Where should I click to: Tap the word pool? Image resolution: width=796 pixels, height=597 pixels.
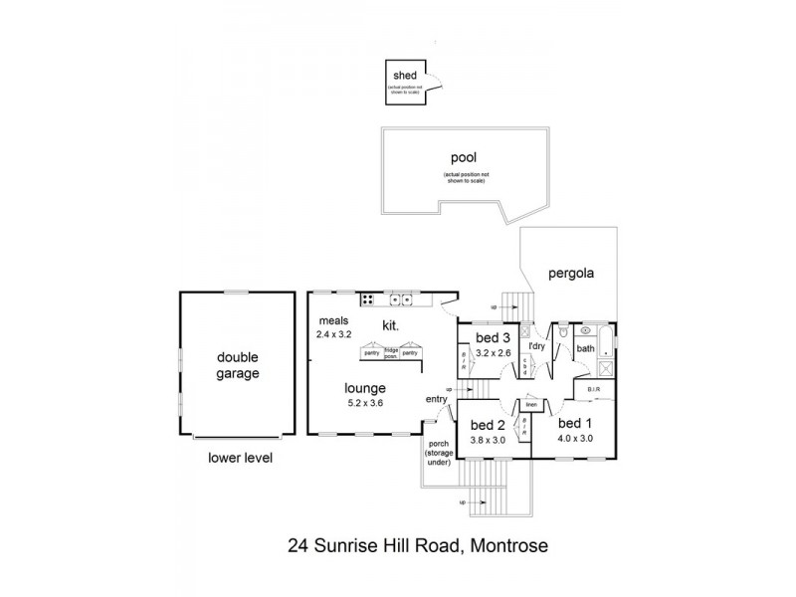click(x=461, y=156)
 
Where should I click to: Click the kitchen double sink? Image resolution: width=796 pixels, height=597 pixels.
click(x=401, y=298)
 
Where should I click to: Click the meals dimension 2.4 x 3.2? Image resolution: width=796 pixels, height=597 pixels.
click(x=335, y=335)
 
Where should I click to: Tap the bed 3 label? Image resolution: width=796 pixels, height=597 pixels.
click(x=493, y=338)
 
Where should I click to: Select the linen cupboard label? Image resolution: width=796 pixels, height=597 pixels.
click(x=531, y=404)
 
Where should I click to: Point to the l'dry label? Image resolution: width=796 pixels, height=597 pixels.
click(x=537, y=345)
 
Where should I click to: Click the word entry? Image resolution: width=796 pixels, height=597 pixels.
click(x=435, y=399)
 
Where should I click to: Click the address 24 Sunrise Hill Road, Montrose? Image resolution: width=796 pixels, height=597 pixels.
click(x=417, y=544)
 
